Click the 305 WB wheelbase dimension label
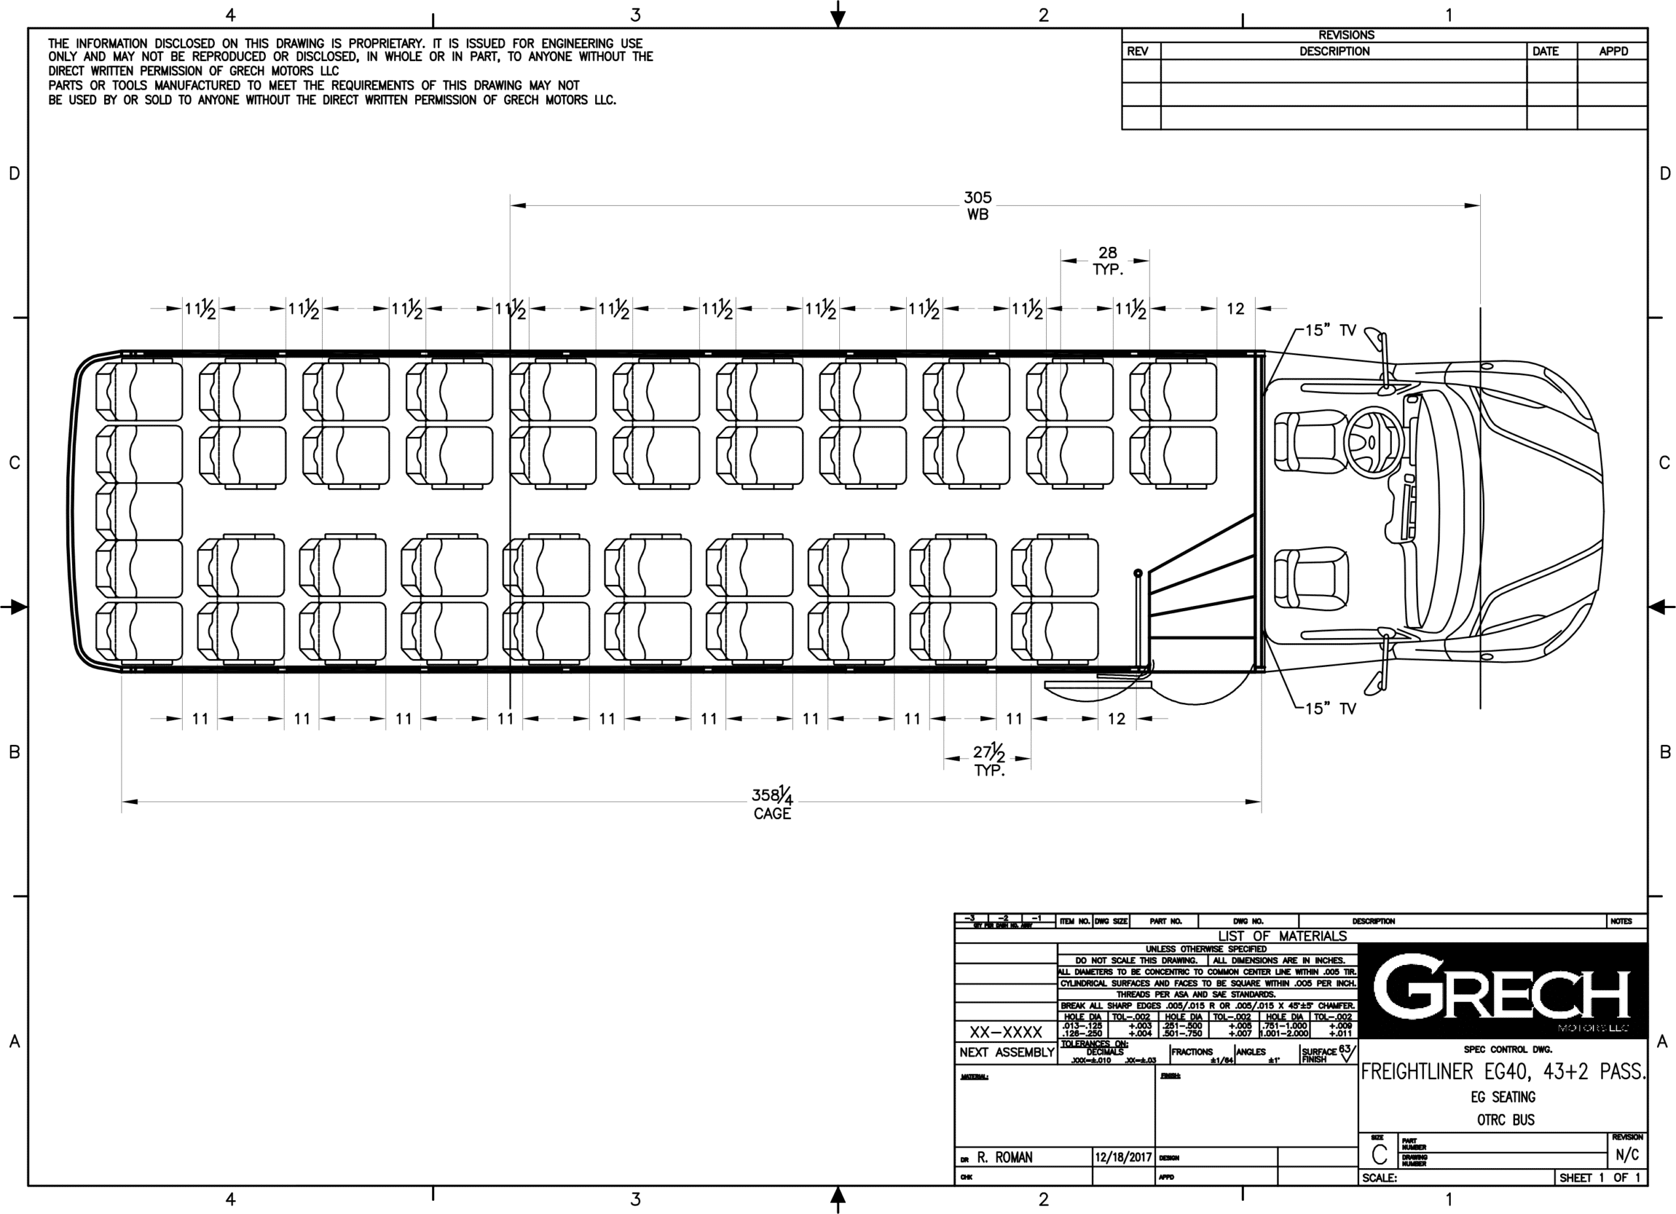[x=977, y=206]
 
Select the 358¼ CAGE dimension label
[x=773, y=805]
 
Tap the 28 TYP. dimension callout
[x=1107, y=261]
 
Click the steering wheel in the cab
[x=1373, y=442]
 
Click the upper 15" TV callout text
[x=1330, y=330]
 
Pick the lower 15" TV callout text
[x=1330, y=708]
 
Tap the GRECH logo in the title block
[x=1503, y=990]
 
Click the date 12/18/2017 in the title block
[x=1123, y=1157]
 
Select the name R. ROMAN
[x=1004, y=1157]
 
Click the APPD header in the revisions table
[x=1613, y=51]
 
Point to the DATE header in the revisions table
[x=1545, y=51]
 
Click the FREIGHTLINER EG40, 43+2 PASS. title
[x=1503, y=1071]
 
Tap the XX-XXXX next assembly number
[x=1006, y=1031]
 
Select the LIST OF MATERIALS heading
[x=1282, y=936]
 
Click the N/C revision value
[x=1628, y=1155]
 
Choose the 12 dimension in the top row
[x=1235, y=309]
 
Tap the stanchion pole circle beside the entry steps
[x=1138, y=573]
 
